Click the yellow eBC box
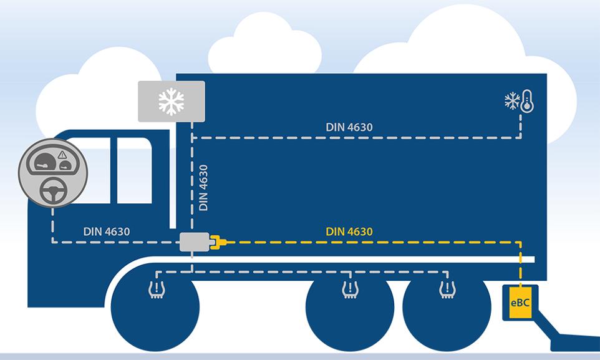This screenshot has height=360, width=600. click(518, 302)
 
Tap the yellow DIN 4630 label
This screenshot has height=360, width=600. click(349, 232)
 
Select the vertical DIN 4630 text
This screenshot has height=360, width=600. click(203, 188)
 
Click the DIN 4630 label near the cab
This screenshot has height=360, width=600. click(107, 231)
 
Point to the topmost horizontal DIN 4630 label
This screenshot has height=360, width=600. click(349, 127)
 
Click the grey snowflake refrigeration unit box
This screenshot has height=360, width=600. click(171, 101)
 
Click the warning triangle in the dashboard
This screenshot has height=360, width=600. click(62, 155)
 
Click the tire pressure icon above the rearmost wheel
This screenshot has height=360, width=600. click(447, 289)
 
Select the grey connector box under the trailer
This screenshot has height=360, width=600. click(193, 241)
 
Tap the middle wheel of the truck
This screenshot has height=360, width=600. click(349, 315)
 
